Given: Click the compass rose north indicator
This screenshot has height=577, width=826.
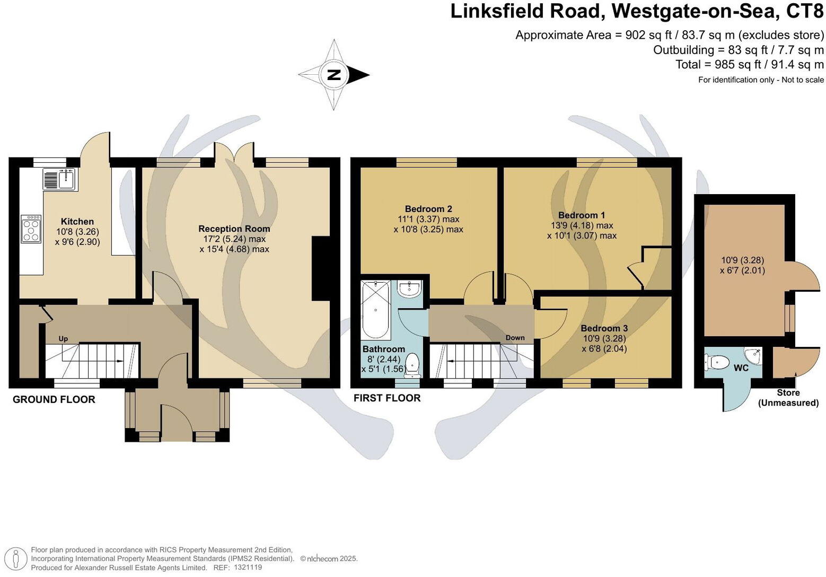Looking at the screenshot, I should (x=334, y=75).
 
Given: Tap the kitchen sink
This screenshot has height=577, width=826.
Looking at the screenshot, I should (x=60, y=179).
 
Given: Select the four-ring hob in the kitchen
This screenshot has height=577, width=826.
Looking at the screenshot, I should (x=31, y=228).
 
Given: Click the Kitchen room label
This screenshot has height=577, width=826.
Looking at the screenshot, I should (x=77, y=222).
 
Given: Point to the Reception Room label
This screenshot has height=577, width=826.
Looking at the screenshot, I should (x=234, y=229).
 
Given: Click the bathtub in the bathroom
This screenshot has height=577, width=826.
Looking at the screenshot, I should (x=375, y=310).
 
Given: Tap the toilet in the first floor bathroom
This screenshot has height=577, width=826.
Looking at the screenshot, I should (x=412, y=365).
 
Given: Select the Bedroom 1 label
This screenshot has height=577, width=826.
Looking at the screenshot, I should (x=581, y=215).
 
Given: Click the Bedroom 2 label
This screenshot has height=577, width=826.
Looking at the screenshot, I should (x=428, y=209).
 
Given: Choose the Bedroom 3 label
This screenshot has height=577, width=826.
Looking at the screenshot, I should (x=604, y=328).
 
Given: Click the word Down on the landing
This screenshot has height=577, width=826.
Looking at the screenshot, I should (x=515, y=338).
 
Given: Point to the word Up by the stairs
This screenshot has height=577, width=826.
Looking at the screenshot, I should (x=63, y=339).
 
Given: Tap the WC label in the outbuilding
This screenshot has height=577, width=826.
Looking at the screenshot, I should (x=741, y=368).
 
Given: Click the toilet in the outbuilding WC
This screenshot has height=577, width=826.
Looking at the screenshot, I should (x=717, y=363).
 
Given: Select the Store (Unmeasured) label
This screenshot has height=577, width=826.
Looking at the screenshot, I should (x=788, y=398).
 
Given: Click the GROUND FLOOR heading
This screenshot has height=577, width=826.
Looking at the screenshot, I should (x=54, y=399).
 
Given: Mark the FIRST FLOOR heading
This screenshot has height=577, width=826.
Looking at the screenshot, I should (x=387, y=398).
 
